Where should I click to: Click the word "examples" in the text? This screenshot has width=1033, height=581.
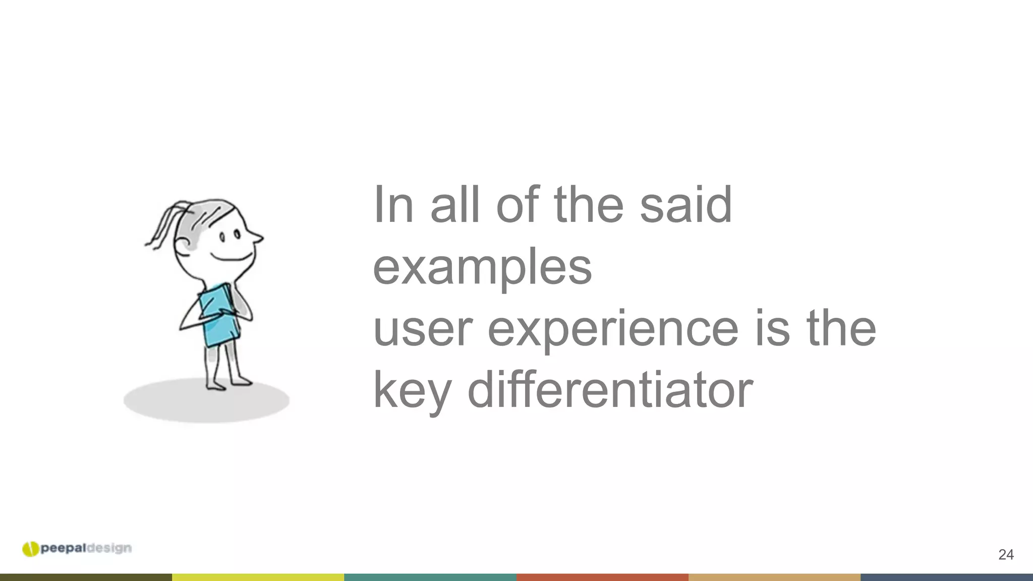482,267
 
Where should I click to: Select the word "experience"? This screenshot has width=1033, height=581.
613,329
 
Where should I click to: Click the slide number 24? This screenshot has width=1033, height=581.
1006,555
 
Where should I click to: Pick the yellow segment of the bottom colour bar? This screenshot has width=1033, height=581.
258,577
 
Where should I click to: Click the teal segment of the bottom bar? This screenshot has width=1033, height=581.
430,577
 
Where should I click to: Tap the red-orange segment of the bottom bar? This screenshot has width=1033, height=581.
602,577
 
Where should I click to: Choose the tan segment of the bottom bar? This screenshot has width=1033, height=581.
774,577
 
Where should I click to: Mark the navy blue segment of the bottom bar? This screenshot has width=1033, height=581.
947,577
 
